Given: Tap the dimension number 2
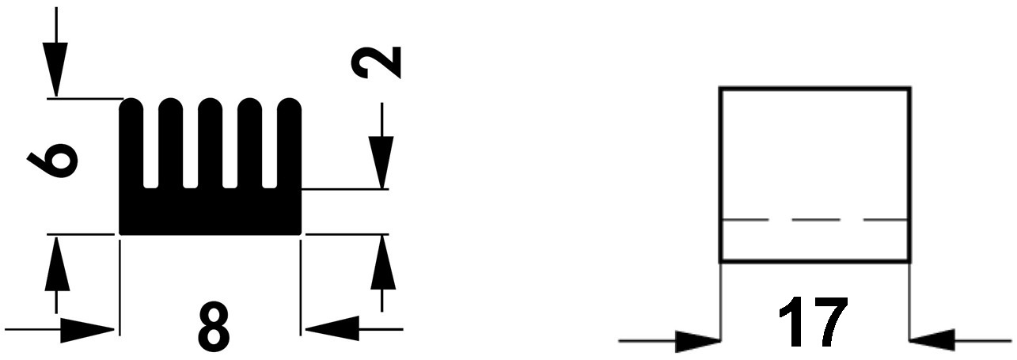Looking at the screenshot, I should (378, 63).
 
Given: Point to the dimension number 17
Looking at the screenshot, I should (813, 322).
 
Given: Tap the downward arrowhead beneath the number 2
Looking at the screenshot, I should (381, 161).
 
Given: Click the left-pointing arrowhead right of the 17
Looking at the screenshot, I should (934, 341).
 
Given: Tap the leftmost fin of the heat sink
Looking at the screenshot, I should (131, 146).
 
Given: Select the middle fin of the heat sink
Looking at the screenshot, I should (211, 146).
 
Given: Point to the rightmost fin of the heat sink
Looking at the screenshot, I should (290, 146).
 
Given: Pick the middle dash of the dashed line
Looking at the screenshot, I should (815, 219).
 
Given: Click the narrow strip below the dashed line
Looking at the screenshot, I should (815, 241).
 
